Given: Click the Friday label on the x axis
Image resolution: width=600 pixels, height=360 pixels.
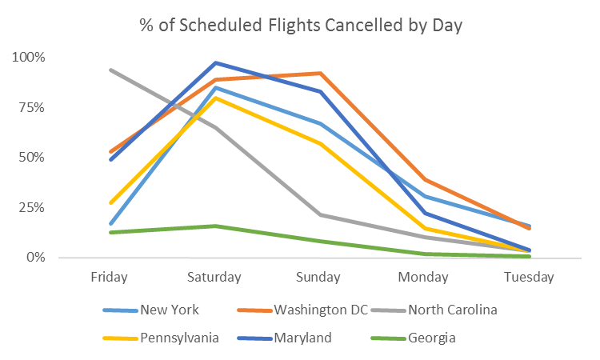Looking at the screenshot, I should [x=110, y=278].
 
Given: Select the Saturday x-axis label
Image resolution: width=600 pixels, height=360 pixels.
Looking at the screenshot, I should [x=214, y=278].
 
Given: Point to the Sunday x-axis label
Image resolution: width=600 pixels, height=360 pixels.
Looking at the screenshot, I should [x=319, y=278].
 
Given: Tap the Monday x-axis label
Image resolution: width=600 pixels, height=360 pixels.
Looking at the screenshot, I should [x=424, y=278].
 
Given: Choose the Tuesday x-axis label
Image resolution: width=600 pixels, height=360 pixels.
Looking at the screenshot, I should [x=529, y=278].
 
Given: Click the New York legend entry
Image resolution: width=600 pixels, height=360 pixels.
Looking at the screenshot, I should [x=169, y=310].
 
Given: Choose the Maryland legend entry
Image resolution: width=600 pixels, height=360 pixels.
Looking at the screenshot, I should [x=302, y=338].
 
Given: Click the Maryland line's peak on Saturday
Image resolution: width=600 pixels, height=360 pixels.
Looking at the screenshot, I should [x=215, y=62].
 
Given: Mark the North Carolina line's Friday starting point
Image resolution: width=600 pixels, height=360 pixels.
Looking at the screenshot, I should [x=110, y=70].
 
